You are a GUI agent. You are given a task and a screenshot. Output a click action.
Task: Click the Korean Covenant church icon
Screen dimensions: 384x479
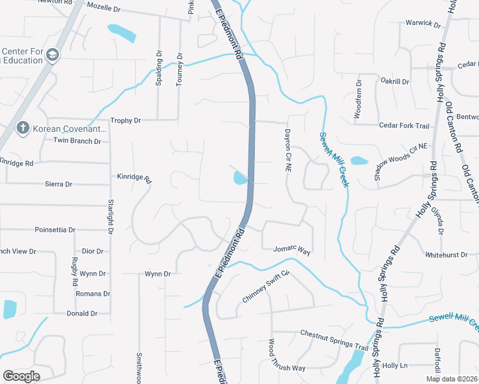(x=22, y=128)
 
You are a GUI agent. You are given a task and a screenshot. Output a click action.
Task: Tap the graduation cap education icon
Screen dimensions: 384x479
(x=52, y=56)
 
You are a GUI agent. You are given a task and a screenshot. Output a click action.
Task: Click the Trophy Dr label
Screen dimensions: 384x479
(x=126, y=120)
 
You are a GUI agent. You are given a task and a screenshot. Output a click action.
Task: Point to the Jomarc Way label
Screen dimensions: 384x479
(x=291, y=250)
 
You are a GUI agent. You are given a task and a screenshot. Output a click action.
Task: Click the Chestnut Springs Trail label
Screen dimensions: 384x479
(x=334, y=339)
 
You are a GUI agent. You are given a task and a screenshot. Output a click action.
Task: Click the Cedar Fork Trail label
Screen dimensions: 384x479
(x=404, y=125)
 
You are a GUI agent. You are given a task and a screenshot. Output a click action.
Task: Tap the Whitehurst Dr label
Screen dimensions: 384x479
(x=446, y=254)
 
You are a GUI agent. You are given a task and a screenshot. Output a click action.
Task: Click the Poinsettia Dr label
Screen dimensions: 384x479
(x=55, y=229)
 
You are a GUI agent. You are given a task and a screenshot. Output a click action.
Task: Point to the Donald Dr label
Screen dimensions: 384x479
(x=82, y=314)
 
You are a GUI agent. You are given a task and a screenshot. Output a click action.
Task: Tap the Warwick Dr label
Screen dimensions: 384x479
(x=423, y=24)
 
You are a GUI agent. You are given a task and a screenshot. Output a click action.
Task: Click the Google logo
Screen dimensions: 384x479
(x=21, y=376)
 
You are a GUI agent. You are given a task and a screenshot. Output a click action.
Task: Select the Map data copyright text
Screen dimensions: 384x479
(x=452, y=379)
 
